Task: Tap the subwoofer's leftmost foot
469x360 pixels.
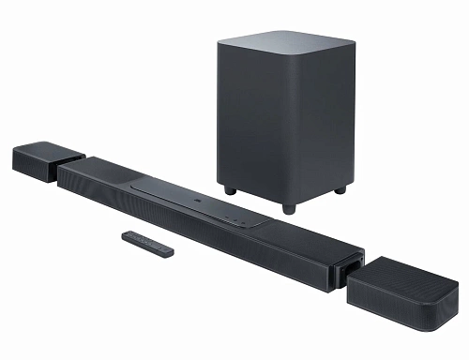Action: pos(230,189)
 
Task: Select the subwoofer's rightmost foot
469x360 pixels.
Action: pos(340,188)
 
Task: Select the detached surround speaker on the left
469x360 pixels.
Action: pos(46,159)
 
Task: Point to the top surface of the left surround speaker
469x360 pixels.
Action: pos(47,148)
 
